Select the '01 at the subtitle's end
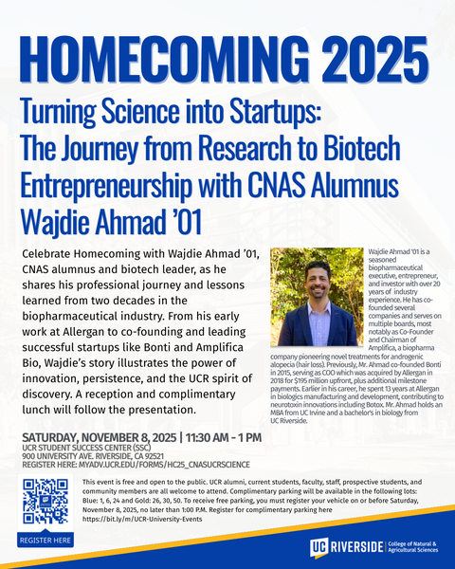tap(187, 216)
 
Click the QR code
tap(44, 503)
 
